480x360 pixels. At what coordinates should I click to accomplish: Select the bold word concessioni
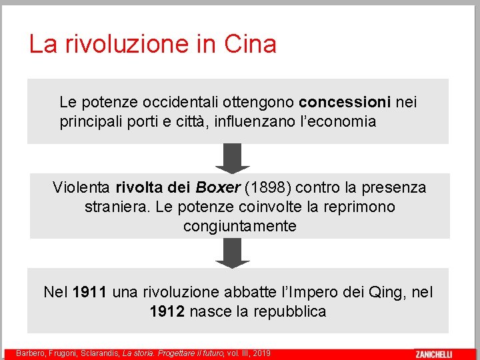coord(345,103)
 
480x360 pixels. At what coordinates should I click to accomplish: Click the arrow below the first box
coord(233,159)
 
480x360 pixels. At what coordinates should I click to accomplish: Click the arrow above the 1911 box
coord(233,253)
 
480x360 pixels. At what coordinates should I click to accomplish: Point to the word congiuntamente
coord(239,226)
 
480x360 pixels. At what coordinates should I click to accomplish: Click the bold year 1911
coord(90,292)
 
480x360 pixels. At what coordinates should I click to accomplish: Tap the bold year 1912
coord(167,311)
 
